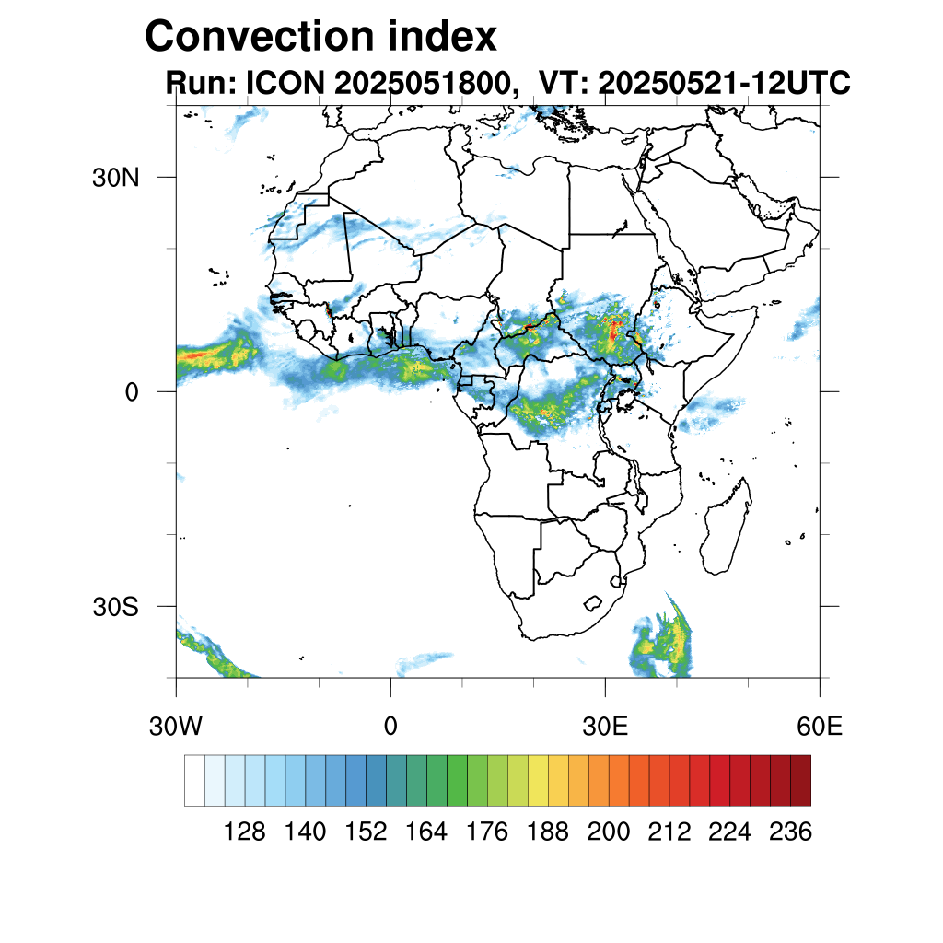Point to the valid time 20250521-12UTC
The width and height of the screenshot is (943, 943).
click(723, 84)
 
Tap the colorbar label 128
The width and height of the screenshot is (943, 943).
click(245, 832)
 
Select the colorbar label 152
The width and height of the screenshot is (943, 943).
click(366, 832)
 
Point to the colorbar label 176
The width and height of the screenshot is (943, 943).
click(487, 832)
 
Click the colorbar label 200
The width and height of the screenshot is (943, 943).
click(609, 832)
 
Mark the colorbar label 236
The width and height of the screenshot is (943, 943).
click(790, 832)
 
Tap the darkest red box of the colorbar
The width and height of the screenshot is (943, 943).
click(800, 780)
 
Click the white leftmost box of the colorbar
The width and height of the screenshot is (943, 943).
click(194, 780)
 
